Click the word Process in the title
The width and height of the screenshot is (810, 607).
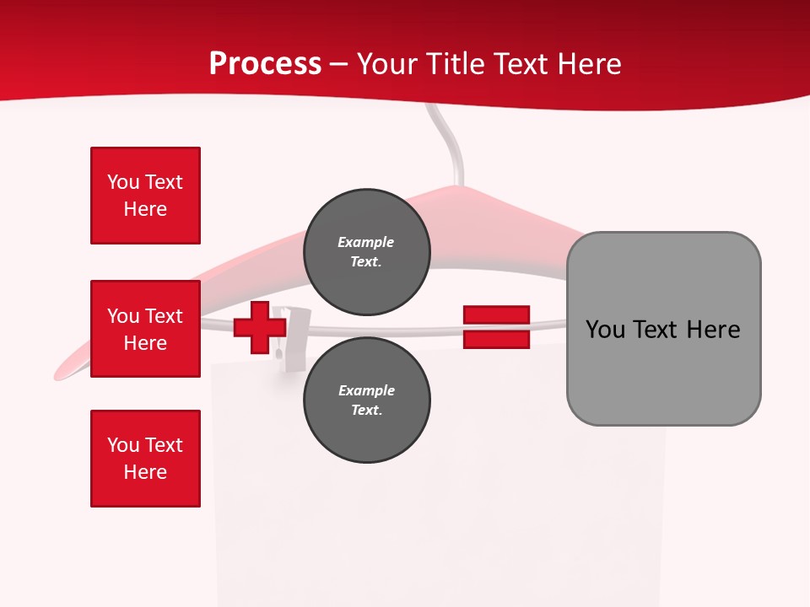(x=265, y=64)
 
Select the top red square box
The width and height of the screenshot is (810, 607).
(x=145, y=196)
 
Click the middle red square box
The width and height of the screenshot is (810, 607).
(x=145, y=329)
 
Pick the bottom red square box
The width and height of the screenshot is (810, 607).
(x=145, y=459)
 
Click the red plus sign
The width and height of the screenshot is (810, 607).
(x=260, y=328)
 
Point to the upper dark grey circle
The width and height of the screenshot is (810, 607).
(x=366, y=251)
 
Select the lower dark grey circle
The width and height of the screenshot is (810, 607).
(x=366, y=400)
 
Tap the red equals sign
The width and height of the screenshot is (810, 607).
(x=496, y=328)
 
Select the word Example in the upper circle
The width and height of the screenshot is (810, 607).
(x=365, y=242)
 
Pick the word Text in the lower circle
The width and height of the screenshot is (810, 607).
(x=365, y=410)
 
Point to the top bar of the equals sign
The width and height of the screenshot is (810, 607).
(x=496, y=315)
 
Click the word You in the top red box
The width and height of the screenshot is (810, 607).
(x=123, y=182)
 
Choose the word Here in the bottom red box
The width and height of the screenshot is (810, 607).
(x=145, y=472)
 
